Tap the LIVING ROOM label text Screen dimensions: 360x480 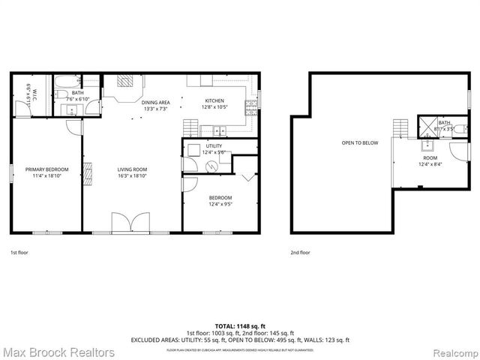132,169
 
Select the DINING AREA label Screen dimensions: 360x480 156,102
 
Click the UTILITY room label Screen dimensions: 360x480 214,146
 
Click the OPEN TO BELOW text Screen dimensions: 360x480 360,142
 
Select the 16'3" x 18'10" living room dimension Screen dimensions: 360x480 132,177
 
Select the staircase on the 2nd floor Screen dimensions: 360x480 401,128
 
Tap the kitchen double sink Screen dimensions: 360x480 217,129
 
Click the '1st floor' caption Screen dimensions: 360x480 19,253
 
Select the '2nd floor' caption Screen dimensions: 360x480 300,253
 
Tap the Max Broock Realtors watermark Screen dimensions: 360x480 58,352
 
